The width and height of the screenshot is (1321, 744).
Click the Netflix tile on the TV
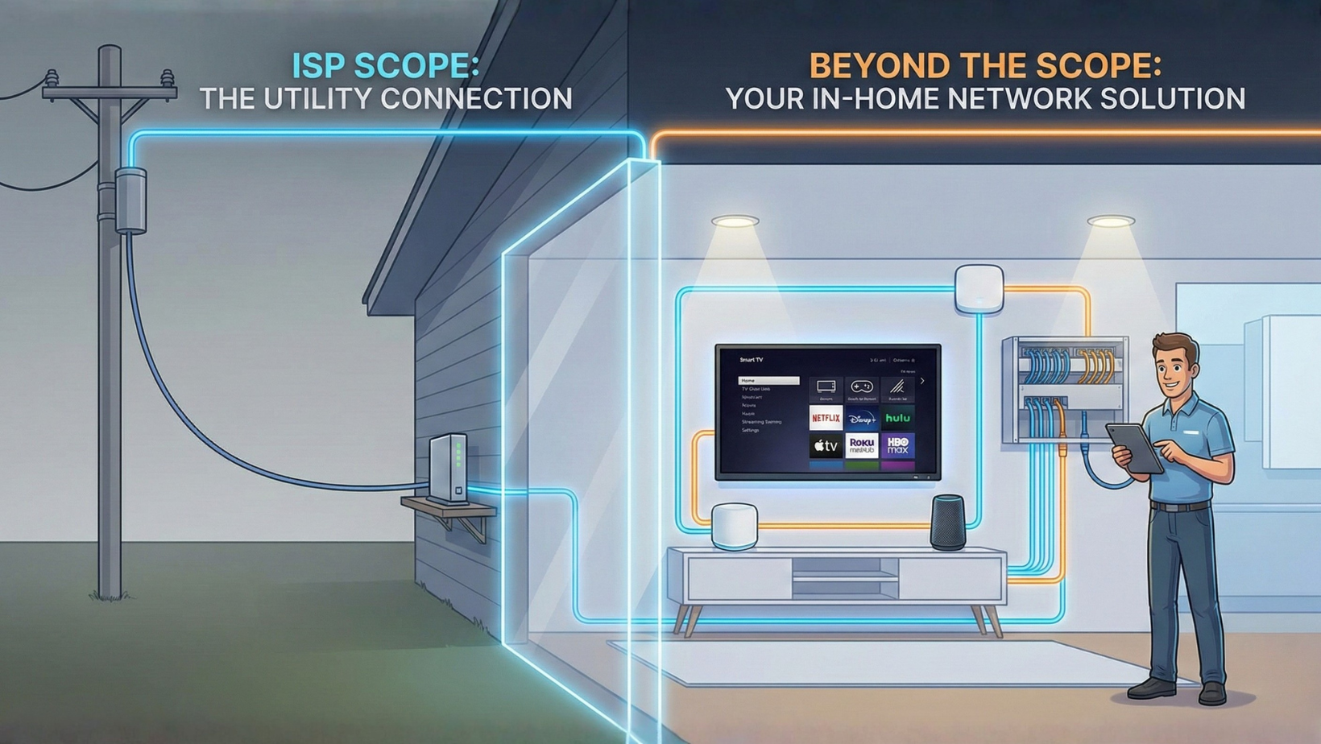point(825,418)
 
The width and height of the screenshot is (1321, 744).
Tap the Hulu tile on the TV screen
point(897,418)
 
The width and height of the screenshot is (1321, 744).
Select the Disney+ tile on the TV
point(861,418)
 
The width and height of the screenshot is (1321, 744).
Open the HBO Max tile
point(897,446)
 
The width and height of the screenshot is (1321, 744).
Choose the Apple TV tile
point(825,446)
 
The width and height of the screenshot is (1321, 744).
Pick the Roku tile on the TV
point(861,446)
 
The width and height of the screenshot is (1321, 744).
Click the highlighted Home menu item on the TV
point(768,380)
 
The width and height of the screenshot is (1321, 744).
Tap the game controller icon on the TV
point(861,387)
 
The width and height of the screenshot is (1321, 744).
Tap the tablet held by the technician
point(1134,448)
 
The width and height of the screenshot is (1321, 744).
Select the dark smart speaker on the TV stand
point(948,523)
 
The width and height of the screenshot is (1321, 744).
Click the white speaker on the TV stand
point(734,526)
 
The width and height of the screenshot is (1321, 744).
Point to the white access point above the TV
point(979,289)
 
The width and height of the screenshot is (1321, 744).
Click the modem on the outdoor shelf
point(449,468)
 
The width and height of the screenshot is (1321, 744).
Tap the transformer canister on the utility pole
point(130,200)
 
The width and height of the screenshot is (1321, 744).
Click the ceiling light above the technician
point(1111,221)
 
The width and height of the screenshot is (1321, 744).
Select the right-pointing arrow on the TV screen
point(922,381)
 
